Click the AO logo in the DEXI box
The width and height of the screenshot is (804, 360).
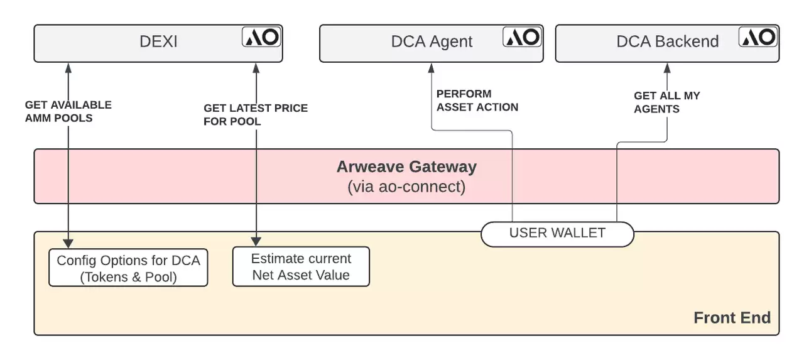(x=262, y=37)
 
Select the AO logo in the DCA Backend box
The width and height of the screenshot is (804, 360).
(x=758, y=37)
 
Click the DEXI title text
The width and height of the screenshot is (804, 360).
(x=158, y=42)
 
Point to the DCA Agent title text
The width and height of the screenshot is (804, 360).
(x=432, y=42)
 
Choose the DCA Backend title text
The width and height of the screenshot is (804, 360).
(x=667, y=42)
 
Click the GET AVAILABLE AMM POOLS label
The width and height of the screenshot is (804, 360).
(x=68, y=111)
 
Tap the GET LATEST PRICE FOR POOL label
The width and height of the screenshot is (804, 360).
(x=255, y=114)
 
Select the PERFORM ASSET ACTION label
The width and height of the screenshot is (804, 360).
(x=477, y=101)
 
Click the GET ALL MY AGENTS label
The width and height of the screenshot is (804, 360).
(x=666, y=102)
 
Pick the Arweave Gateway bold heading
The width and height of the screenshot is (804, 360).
(x=406, y=167)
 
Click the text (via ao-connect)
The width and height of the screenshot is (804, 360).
(x=406, y=187)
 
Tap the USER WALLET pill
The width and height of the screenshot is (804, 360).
(x=557, y=233)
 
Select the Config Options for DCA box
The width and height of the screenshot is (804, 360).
(x=128, y=268)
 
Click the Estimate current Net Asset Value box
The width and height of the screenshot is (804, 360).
(x=301, y=267)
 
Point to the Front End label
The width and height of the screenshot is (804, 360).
(x=732, y=318)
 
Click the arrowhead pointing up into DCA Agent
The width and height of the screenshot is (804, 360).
(x=432, y=67)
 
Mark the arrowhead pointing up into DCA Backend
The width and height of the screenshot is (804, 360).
(x=666, y=67)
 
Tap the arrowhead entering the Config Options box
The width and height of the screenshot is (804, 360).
(x=68, y=244)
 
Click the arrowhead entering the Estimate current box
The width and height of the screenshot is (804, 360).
(x=256, y=241)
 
